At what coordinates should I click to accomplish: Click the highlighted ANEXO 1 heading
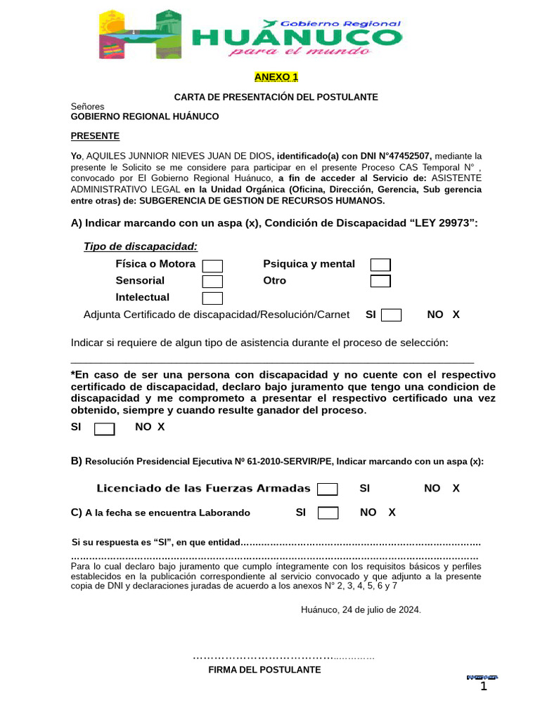(x=276, y=77)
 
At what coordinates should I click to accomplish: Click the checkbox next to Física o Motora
(x=212, y=265)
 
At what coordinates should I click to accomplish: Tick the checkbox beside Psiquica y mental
(x=380, y=265)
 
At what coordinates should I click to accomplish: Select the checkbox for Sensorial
(x=212, y=282)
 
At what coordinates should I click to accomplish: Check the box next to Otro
(x=380, y=282)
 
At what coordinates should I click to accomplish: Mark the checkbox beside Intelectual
(x=212, y=298)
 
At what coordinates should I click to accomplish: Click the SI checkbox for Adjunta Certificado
(x=391, y=315)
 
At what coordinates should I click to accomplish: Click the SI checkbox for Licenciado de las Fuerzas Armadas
(x=327, y=489)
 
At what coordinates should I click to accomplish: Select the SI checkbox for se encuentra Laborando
(x=328, y=513)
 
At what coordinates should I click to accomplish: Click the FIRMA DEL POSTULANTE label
(x=264, y=670)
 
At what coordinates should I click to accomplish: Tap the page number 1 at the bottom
(x=483, y=686)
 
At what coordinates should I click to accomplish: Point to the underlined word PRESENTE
(x=95, y=136)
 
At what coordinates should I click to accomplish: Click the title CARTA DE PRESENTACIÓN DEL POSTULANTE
(x=276, y=97)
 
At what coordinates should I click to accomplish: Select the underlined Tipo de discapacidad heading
(x=141, y=246)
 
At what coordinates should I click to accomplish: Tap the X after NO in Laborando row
(x=392, y=513)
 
